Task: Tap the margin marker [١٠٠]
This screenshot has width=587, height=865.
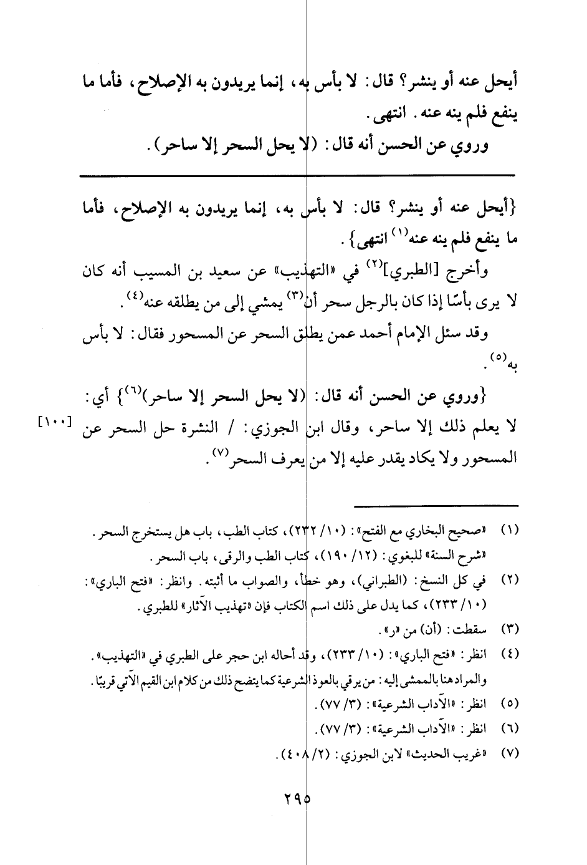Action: tap(54, 422)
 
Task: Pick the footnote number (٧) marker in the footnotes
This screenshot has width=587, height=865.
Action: tap(510, 753)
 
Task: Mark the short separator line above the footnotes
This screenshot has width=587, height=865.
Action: tap(436, 505)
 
